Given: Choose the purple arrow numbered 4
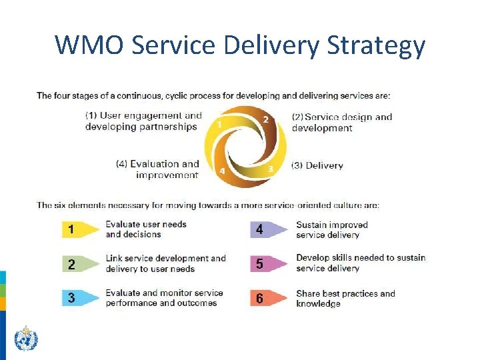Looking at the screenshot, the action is pyautogui.click(x=268, y=230).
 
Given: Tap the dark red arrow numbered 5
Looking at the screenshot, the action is pyautogui.click(x=268, y=264).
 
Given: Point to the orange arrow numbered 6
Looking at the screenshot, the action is pyautogui.click(x=268, y=298).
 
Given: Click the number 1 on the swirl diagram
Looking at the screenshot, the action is pyautogui.click(x=220, y=124).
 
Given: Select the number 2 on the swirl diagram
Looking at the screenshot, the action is pyautogui.click(x=265, y=119).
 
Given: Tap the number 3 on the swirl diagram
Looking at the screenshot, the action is pyautogui.click(x=270, y=169).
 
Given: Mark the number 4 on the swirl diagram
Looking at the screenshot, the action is pyautogui.click(x=223, y=171).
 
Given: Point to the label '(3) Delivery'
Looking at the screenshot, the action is pyautogui.click(x=317, y=165).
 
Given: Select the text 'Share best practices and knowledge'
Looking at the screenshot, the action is pyautogui.click(x=345, y=298).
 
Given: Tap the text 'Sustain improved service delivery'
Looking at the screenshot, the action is pyautogui.click(x=331, y=230).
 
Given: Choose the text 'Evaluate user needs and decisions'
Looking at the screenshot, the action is pyautogui.click(x=145, y=229).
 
